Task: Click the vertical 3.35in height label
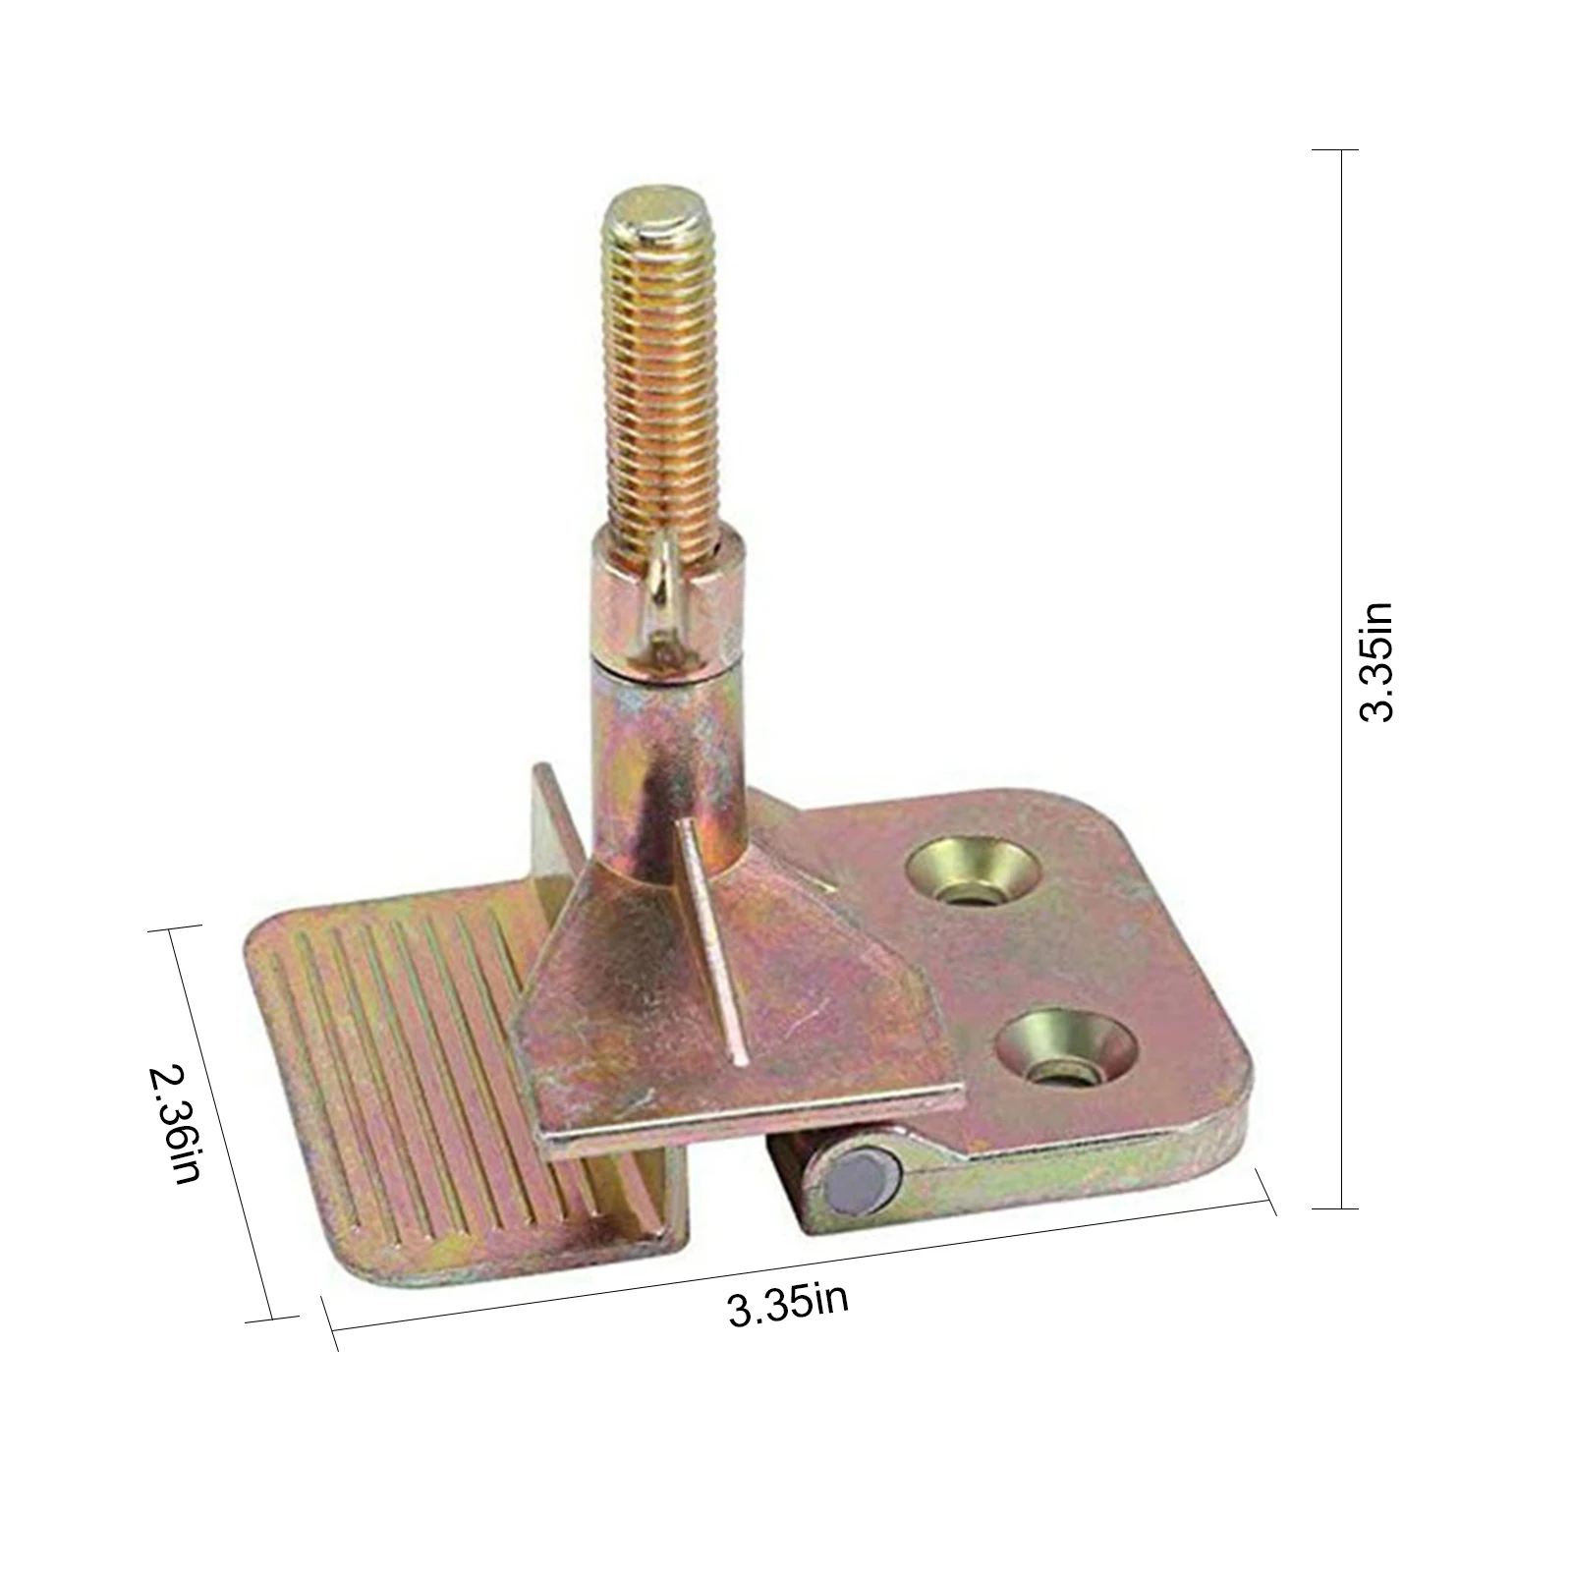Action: coord(1376,662)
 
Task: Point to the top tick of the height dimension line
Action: coord(1335,150)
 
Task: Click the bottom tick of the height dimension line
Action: coord(1335,1207)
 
